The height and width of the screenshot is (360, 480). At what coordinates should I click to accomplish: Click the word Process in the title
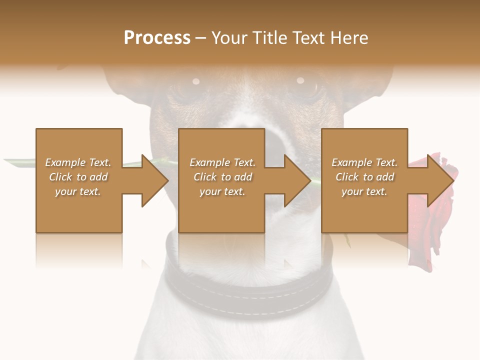click(x=157, y=38)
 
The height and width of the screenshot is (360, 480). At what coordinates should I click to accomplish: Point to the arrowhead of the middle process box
click(x=297, y=180)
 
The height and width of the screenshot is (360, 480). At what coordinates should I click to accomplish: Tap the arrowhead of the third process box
click(x=440, y=180)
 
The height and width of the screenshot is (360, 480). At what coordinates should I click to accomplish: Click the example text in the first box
click(x=78, y=177)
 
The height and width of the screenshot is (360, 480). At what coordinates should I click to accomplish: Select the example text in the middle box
click(x=222, y=177)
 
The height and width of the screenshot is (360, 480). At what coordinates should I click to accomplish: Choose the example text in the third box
click(x=364, y=177)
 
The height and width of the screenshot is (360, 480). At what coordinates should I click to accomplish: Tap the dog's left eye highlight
click(x=196, y=81)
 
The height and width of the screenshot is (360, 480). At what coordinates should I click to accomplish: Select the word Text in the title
click(x=308, y=38)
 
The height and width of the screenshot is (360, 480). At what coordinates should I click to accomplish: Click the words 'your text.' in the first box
click(x=78, y=191)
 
